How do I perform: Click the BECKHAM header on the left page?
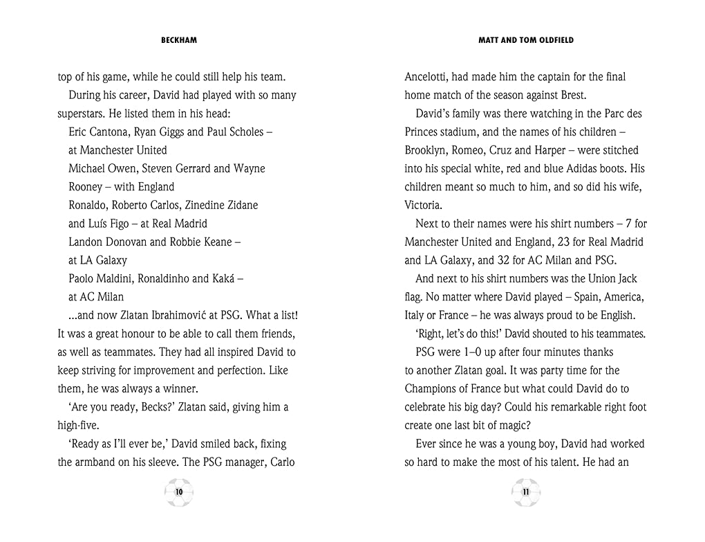tap(178, 40)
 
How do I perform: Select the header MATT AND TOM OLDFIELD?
tap(526, 40)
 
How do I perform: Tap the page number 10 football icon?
tap(179, 492)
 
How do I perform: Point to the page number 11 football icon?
tap(526, 492)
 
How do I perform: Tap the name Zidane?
tap(235, 206)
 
